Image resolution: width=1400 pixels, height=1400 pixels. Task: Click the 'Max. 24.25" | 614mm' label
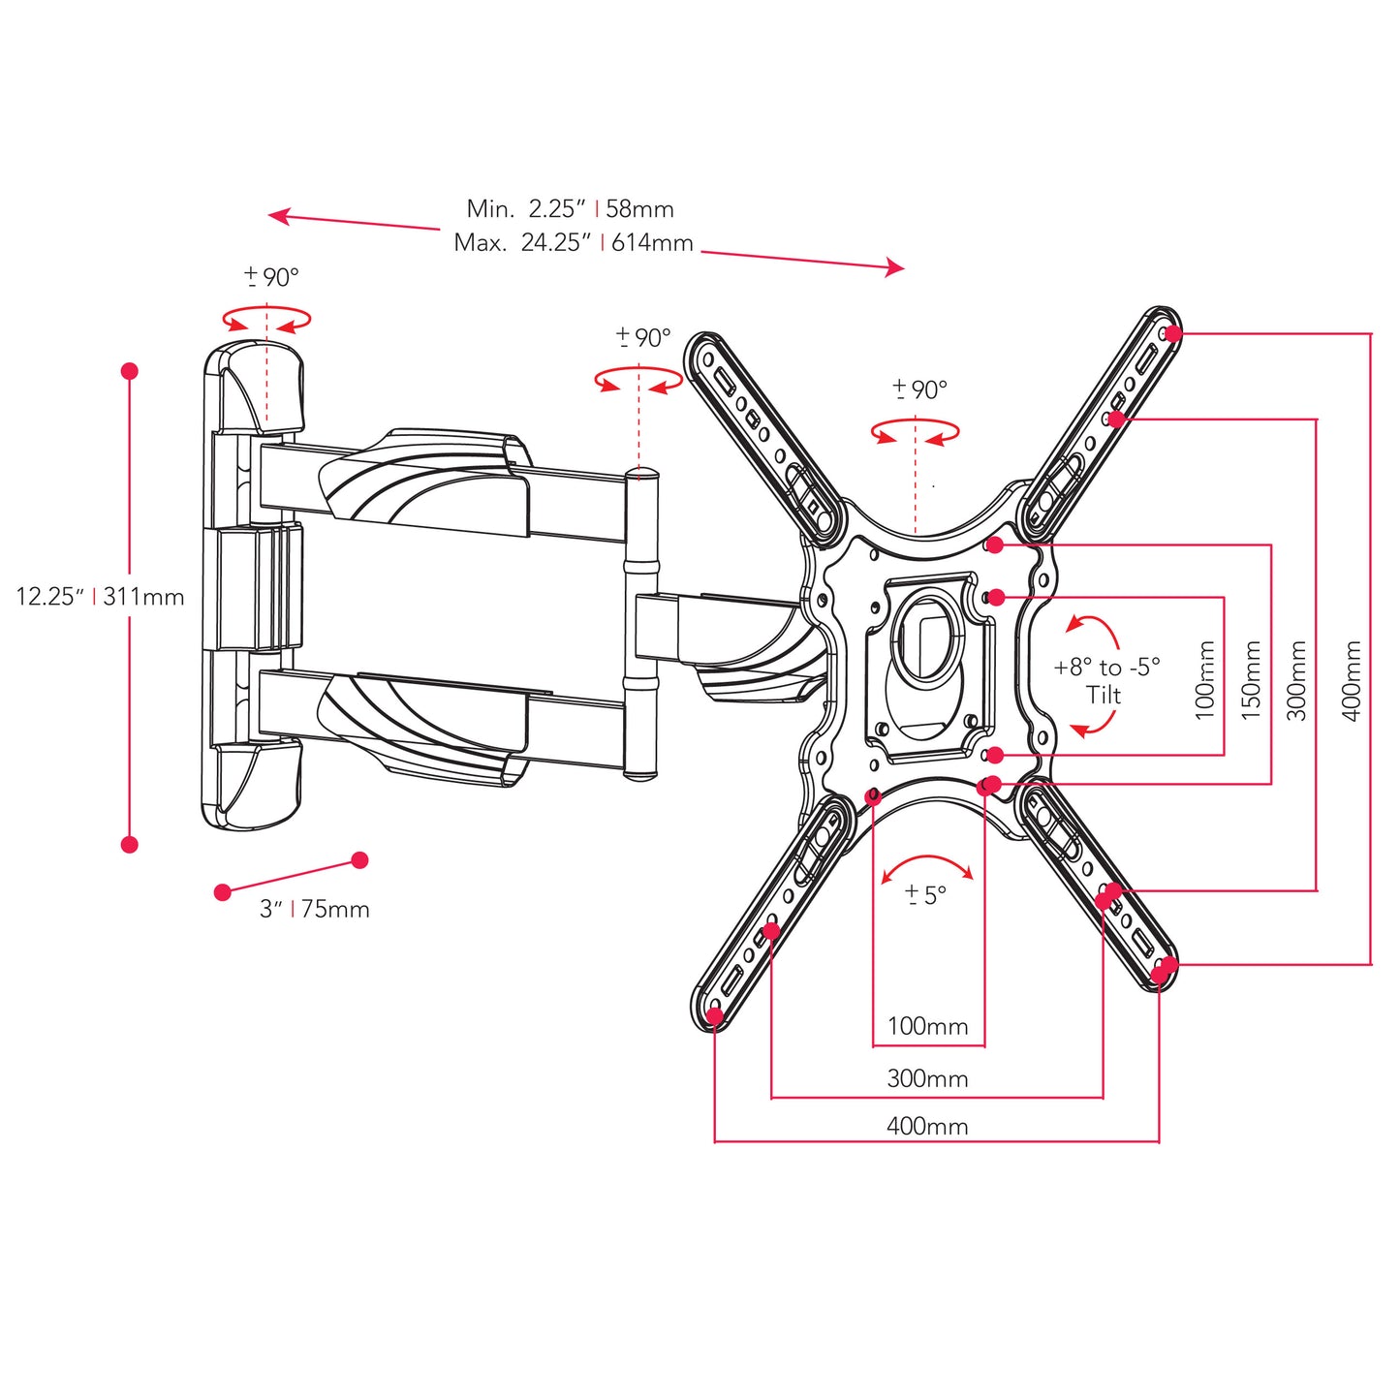(574, 242)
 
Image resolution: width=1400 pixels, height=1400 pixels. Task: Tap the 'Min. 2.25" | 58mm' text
(570, 208)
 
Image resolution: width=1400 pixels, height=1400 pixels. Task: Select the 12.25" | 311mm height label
(100, 597)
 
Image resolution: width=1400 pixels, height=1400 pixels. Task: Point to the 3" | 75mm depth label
(314, 909)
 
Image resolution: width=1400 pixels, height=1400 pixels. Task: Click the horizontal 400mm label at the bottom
(927, 1126)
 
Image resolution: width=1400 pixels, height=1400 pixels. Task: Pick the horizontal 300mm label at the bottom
(927, 1078)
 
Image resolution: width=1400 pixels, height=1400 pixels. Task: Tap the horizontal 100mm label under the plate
(927, 1026)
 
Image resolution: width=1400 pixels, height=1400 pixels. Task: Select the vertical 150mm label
(1251, 679)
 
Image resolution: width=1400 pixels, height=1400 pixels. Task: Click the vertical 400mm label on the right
(1352, 679)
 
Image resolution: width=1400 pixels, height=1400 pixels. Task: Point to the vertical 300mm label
(1297, 679)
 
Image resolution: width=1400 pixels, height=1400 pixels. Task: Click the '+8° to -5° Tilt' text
(1105, 680)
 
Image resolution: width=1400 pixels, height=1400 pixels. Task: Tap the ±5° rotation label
(925, 894)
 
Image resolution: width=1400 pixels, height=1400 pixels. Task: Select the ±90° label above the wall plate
(271, 277)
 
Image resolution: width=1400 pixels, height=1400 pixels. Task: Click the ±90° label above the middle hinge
(643, 337)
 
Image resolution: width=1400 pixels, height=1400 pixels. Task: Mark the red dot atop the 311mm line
(130, 371)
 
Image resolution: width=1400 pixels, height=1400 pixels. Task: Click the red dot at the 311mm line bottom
(130, 845)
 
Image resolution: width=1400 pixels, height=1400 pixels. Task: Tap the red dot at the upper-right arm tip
(1173, 334)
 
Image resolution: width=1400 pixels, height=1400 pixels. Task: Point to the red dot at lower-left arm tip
(715, 1016)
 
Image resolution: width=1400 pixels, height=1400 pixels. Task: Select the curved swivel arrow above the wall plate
(266, 319)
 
